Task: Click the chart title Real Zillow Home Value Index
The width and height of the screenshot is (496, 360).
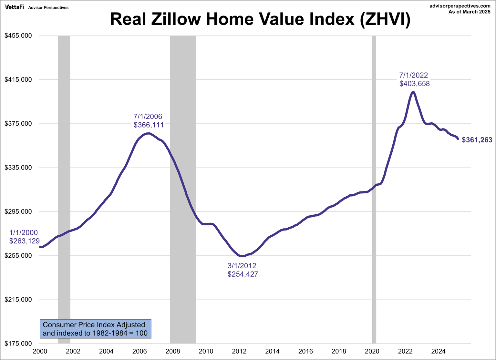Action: (x=260, y=19)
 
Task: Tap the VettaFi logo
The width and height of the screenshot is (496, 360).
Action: (x=14, y=7)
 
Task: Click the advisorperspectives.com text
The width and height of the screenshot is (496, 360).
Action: (x=460, y=6)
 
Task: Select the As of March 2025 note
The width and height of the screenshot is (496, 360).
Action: (x=469, y=12)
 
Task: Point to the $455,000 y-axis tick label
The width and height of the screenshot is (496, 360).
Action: (x=18, y=36)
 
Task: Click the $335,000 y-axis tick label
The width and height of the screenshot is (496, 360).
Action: (x=18, y=168)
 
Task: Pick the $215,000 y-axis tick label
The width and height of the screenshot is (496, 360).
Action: (x=18, y=300)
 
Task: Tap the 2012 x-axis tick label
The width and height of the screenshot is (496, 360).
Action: (x=239, y=351)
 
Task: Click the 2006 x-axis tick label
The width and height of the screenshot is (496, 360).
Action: (x=140, y=351)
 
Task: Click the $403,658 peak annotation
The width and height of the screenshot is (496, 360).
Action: (x=414, y=84)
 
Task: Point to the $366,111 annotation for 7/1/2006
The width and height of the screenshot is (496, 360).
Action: (x=149, y=125)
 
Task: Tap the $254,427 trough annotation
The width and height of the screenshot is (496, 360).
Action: (x=243, y=274)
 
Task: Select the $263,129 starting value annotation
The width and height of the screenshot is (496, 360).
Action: (x=24, y=241)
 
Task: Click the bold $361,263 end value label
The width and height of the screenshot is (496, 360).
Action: (x=477, y=140)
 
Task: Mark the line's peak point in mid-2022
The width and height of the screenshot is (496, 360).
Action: (x=413, y=92)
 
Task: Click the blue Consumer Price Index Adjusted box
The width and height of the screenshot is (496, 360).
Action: (x=95, y=329)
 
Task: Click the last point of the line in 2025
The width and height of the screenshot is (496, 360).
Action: (x=458, y=139)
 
